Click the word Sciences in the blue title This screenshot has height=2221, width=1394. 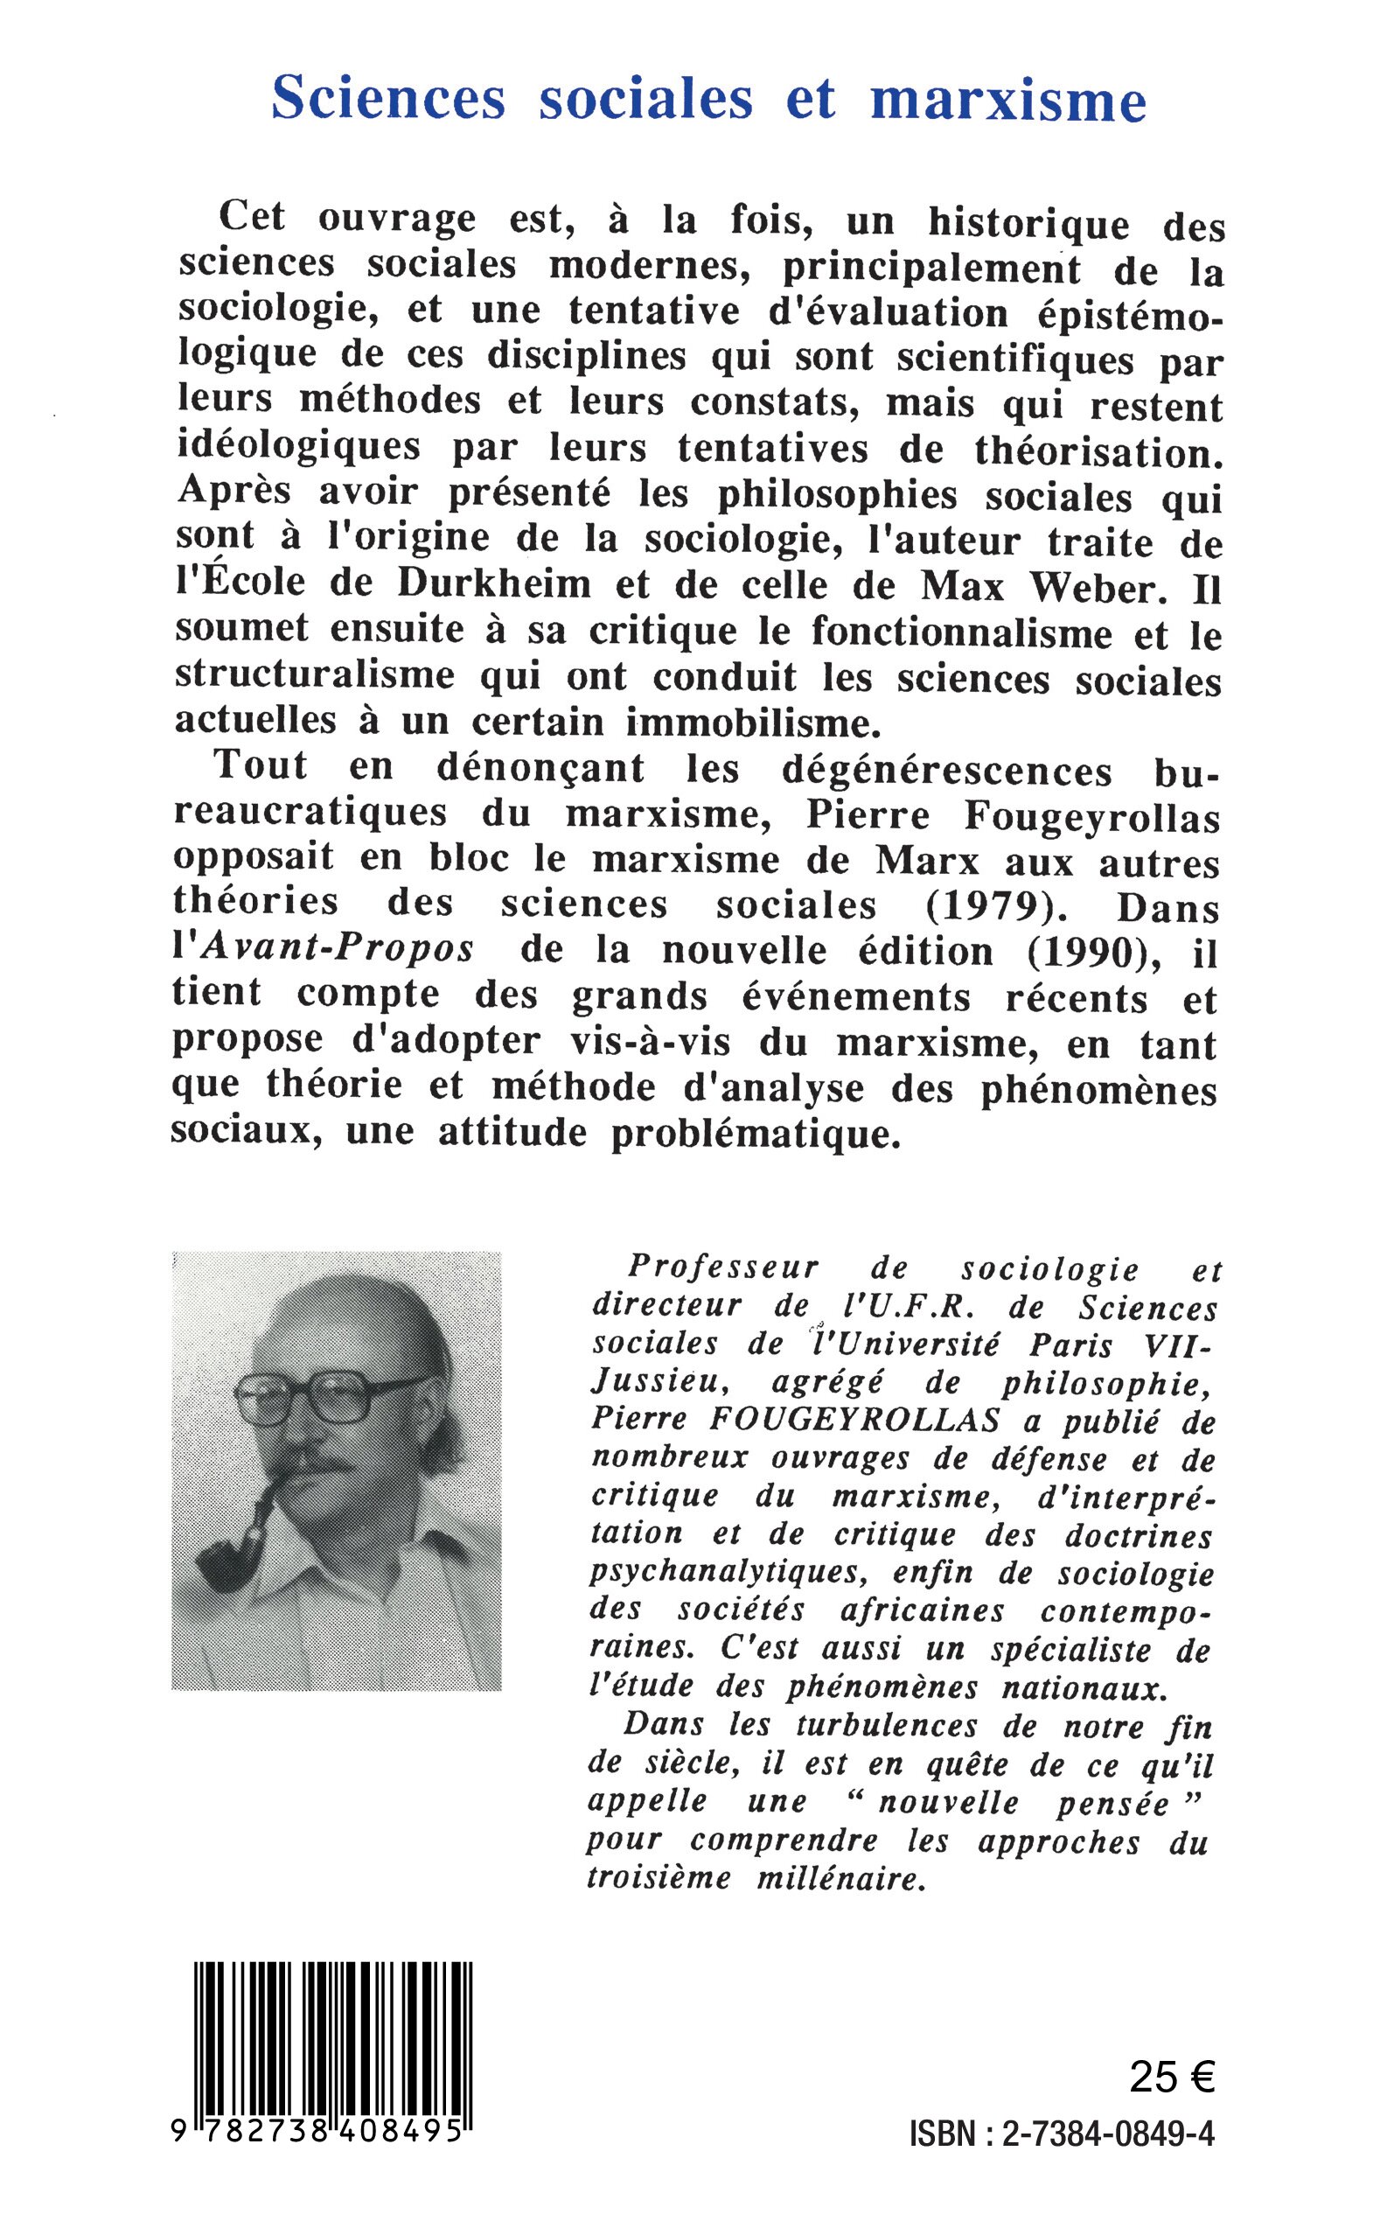coord(388,98)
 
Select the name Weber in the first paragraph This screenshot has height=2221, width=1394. coord(1091,589)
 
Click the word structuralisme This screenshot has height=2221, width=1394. coord(314,675)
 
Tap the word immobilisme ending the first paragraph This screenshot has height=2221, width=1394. coord(748,723)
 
